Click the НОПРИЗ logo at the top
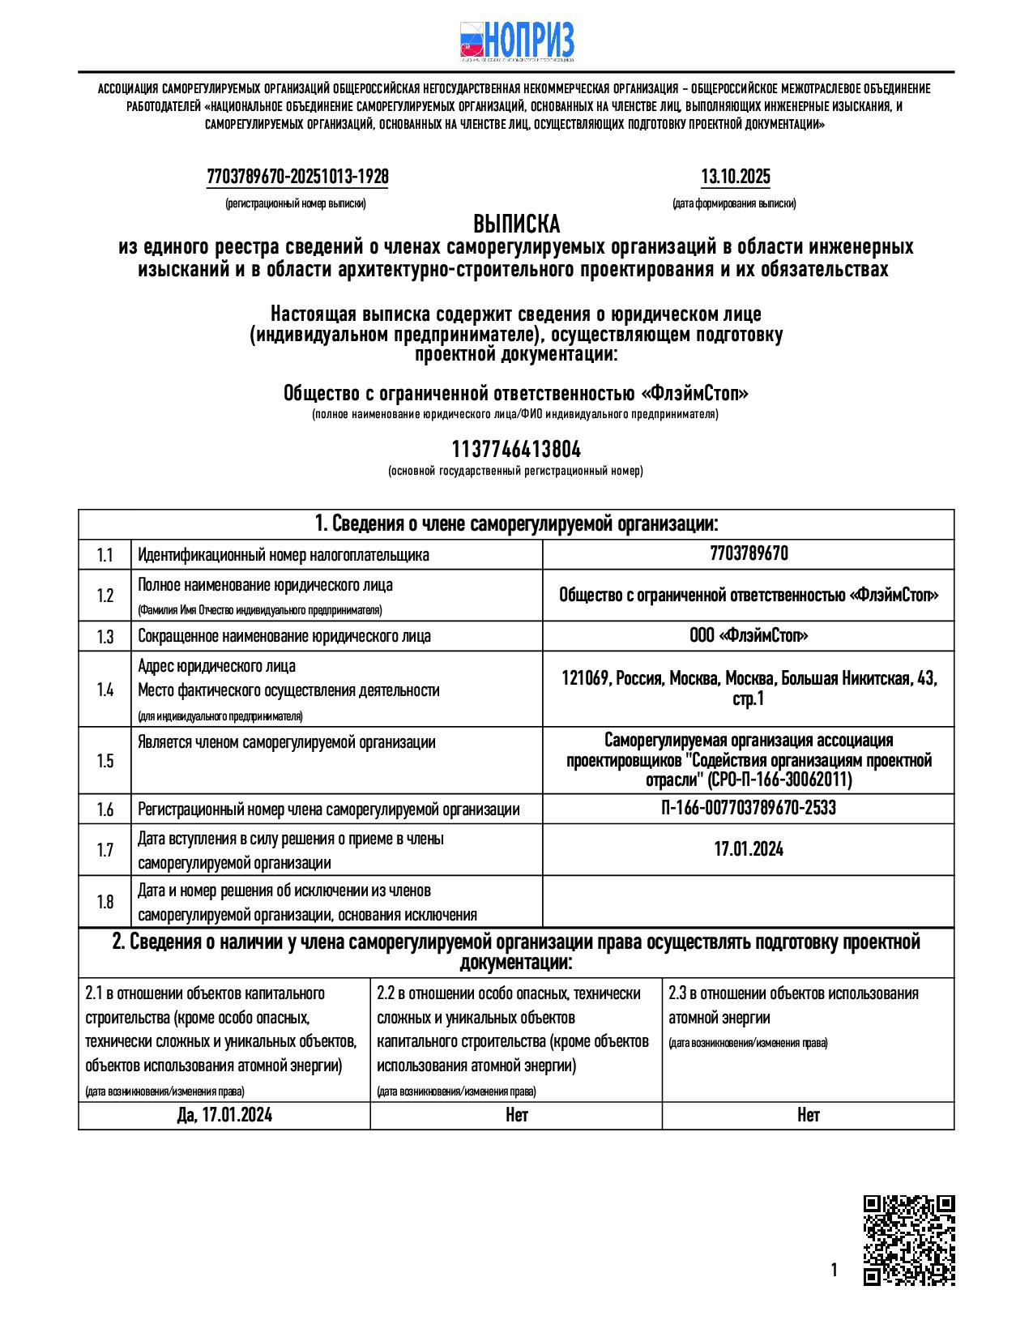(517, 41)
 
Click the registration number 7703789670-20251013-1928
(297, 177)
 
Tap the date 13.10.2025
(735, 177)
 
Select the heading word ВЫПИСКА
(516, 224)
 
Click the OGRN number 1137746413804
(516, 450)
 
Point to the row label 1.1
(105, 555)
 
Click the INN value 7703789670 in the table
(749, 553)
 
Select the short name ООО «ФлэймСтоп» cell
(749, 635)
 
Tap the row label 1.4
(105, 690)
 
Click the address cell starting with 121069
(749, 688)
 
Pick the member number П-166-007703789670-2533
(749, 808)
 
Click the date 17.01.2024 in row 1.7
(749, 849)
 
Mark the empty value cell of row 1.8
(749, 902)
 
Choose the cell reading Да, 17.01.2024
(224, 1116)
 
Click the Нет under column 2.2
(516, 1116)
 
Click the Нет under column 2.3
(808, 1116)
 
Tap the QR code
(909, 1241)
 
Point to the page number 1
(834, 1271)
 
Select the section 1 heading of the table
(516, 524)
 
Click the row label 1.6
(105, 809)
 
